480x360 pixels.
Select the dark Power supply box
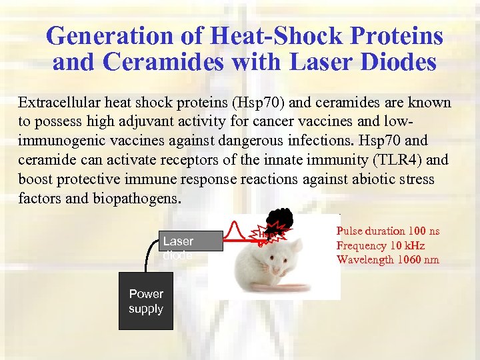point(146,301)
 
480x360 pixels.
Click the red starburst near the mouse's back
point(269,233)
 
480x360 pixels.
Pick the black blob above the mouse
point(280,221)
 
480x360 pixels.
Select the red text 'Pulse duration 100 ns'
point(388,231)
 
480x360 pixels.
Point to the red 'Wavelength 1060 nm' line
point(387,259)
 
